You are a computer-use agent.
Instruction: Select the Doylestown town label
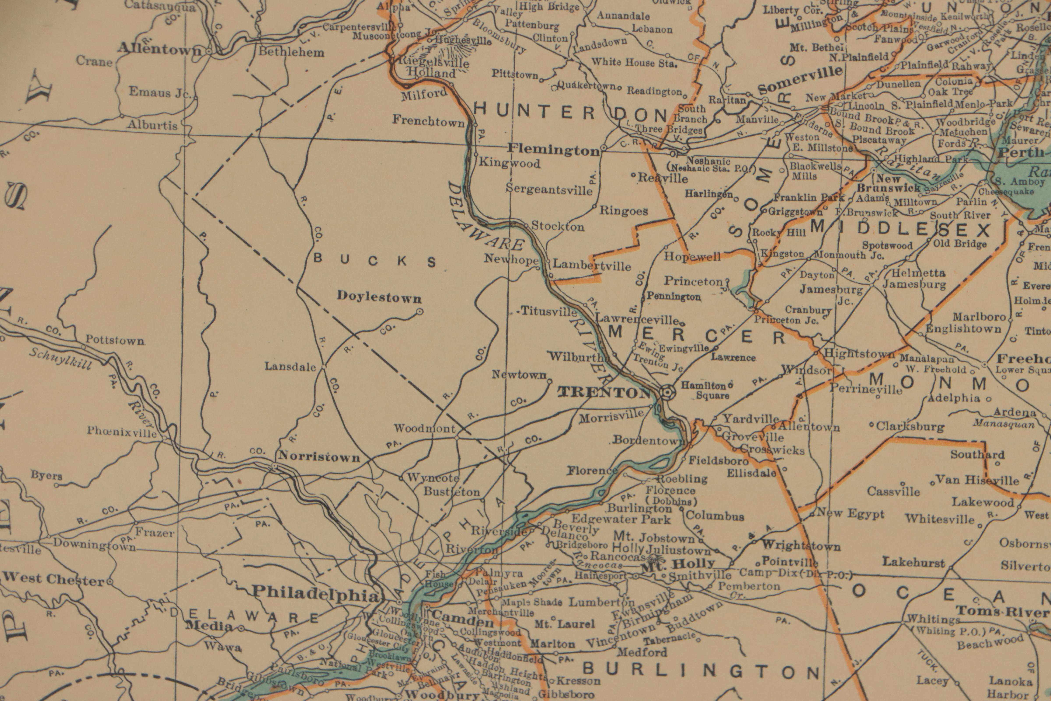click(379, 297)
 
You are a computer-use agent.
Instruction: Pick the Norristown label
click(319, 457)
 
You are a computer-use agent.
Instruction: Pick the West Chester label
click(54, 579)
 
